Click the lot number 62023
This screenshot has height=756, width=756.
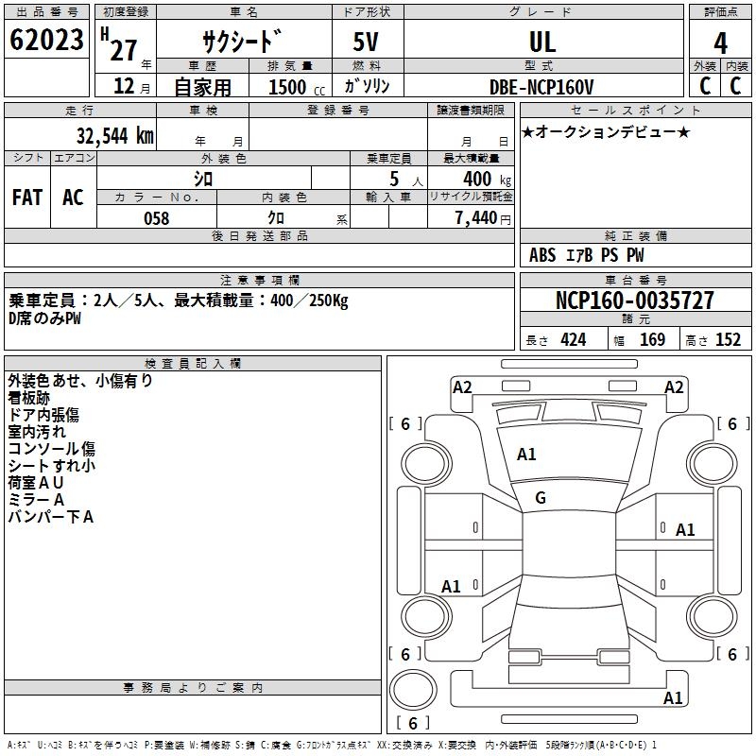tap(46, 42)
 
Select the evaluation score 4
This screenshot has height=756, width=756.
tap(721, 43)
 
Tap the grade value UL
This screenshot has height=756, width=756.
tap(542, 43)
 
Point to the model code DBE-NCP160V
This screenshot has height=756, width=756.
tap(542, 87)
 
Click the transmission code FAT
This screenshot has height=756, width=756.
tap(27, 197)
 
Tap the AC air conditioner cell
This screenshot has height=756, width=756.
tap(73, 197)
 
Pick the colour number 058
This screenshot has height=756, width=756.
tap(156, 218)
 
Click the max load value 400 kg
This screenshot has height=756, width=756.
tap(483, 179)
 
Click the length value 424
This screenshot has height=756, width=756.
tap(573, 340)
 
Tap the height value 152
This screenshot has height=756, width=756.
tap(728, 340)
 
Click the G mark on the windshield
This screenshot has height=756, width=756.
tap(541, 498)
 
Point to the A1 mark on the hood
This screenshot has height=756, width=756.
tap(526, 455)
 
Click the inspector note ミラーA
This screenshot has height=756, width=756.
tap(36, 499)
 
